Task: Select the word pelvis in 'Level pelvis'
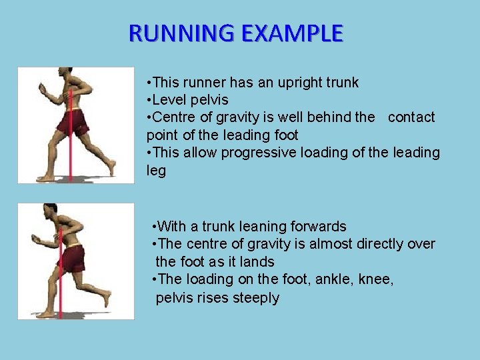click(x=208, y=100)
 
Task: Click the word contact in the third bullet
click(x=411, y=117)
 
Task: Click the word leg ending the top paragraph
click(x=156, y=170)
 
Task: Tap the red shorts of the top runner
click(x=73, y=123)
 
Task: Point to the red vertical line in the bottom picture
click(x=61, y=293)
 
